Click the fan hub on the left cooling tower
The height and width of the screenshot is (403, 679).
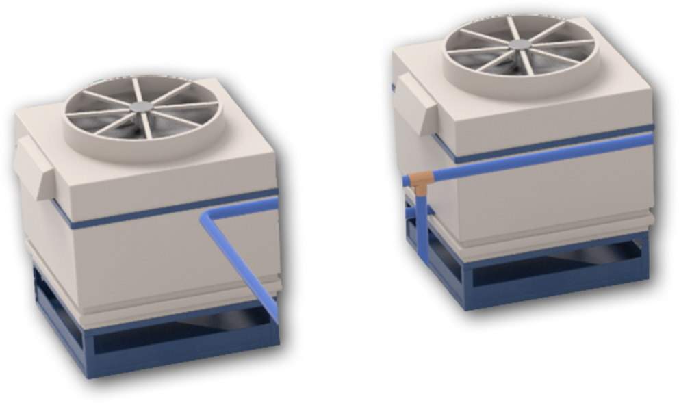point(143,107)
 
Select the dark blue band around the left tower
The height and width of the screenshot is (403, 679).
point(137,216)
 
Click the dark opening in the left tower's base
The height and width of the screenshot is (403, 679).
point(178,335)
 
